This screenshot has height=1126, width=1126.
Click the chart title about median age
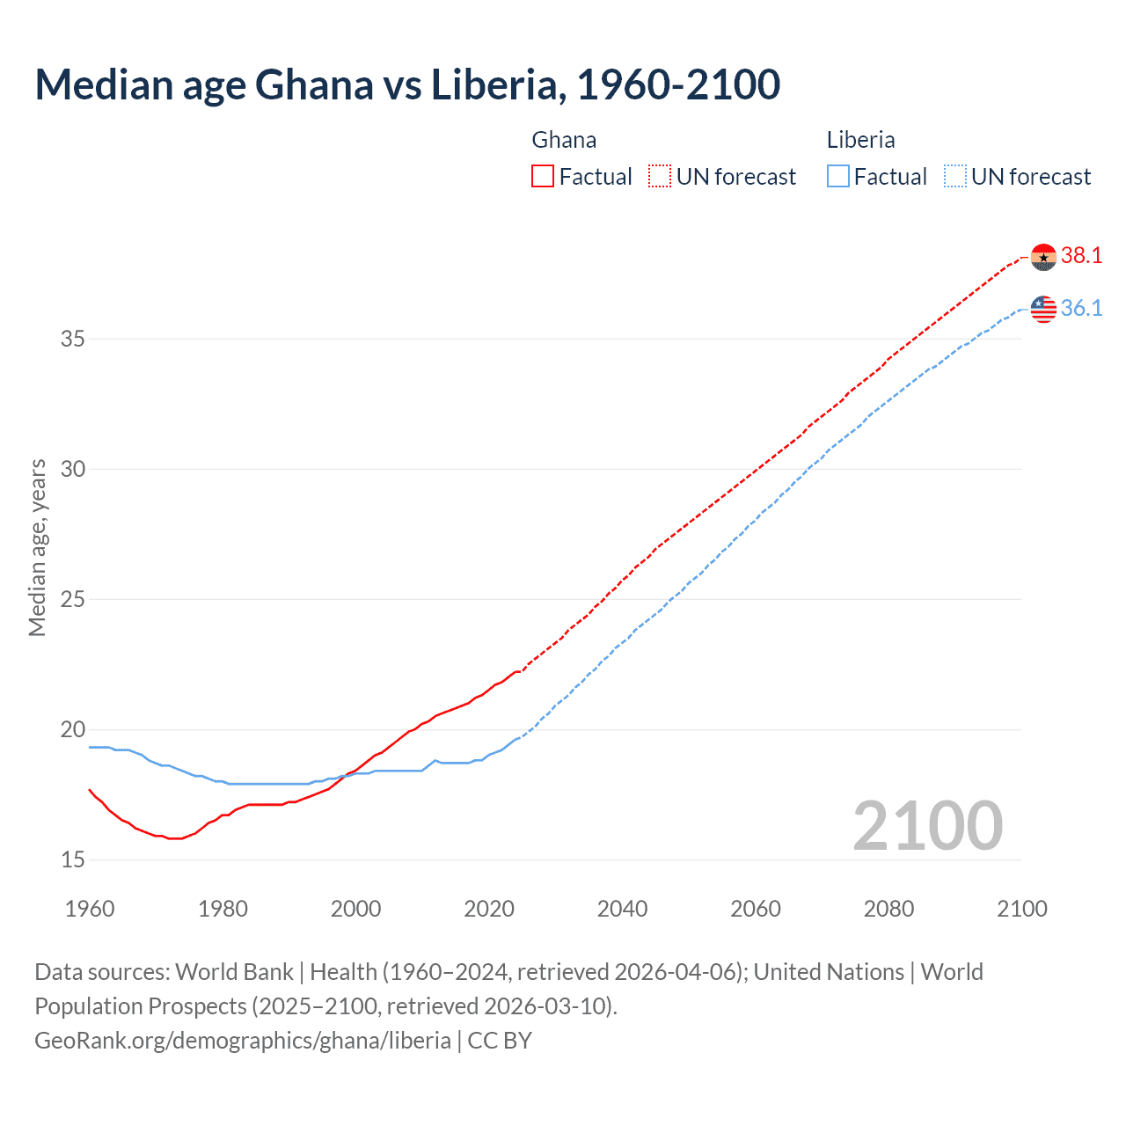pyautogui.click(x=407, y=84)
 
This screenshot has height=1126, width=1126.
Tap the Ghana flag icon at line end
pyautogui.click(x=1043, y=257)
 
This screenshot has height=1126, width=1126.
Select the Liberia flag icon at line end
pyautogui.click(x=1043, y=309)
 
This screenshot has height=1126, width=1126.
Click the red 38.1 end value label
pyautogui.click(x=1081, y=256)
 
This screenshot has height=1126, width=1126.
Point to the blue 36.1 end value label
pyautogui.click(x=1081, y=309)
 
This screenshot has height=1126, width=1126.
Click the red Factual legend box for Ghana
pyautogui.click(x=543, y=177)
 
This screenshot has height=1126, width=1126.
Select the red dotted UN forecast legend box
pyautogui.click(x=660, y=177)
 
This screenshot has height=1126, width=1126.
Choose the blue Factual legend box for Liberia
pyautogui.click(x=838, y=177)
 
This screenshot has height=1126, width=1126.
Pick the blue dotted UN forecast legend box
pyautogui.click(x=954, y=177)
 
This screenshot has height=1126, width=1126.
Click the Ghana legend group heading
pyautogui.click(x=564, y=140)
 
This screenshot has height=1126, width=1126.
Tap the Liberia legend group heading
pyautogui.click(x=860, y=140)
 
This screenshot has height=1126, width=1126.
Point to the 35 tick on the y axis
pyautogui.click(x=73, y=339)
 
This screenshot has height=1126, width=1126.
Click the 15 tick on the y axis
pyautogui.click(x=73, y=859)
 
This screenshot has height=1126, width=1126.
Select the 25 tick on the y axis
pyautogui.click(x=73, y=599)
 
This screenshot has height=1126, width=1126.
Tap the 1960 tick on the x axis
pyautogui.click(x=90, y=909)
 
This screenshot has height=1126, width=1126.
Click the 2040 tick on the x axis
pyautogui.click(x=622, y=909)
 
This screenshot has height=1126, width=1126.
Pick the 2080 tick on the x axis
pyautogui.click(x=888, y=909)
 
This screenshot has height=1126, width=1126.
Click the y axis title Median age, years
pyautogui.click(x=37, y=547)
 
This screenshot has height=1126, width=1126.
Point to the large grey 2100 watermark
pyautogui.click(x=927, y=826)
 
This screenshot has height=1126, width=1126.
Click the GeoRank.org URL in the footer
pyautogui.click(x=243, y=1041)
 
